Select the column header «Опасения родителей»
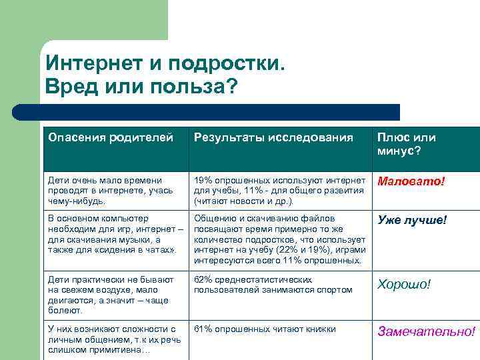click(111, 138)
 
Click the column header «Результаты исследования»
click(273, 138)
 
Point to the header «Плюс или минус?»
click(407, 144)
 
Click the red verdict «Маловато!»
click(411, 181)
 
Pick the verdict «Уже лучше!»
click(412, 220)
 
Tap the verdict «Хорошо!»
click(404, 285)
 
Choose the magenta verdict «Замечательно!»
click(427, 331)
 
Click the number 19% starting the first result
click(203, 180)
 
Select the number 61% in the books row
click(203, 329)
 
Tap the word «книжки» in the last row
click(319, 329)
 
